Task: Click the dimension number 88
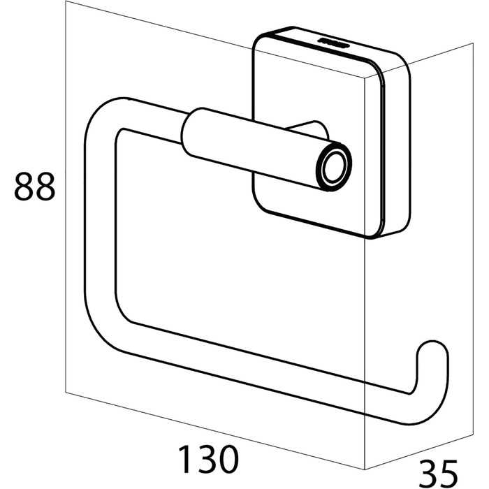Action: tap(35, 187)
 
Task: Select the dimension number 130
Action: tap(208, 460)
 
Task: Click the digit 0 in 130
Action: tap(228, 460)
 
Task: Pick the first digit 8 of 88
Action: tap(24, 187)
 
